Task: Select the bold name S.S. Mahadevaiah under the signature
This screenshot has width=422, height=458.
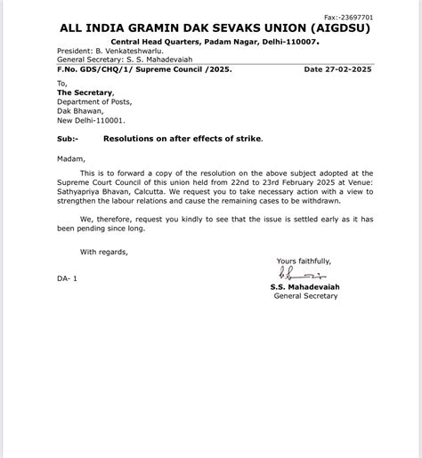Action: [x=304, y=287]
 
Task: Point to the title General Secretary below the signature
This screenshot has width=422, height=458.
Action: [x=305, y=296]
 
